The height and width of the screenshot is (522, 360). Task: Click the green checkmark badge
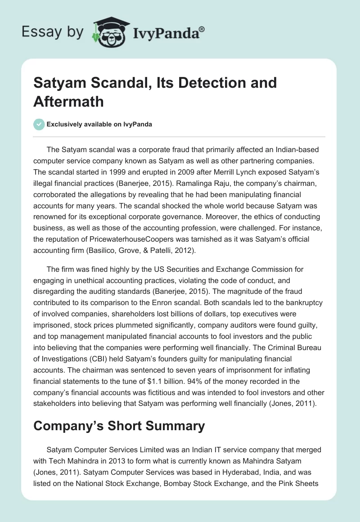click(x=39, y=124)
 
